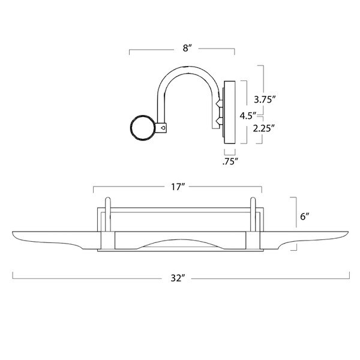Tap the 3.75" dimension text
pyautogui.click(x=263, y=100)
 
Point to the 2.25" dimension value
pyautogui.click(x=263, y=128)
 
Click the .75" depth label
pyautogui.click(x=229, y=161)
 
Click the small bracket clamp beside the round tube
pyautogui.click(x=163, y=127)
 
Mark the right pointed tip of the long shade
pyautogui.click(x=348, y=231)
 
